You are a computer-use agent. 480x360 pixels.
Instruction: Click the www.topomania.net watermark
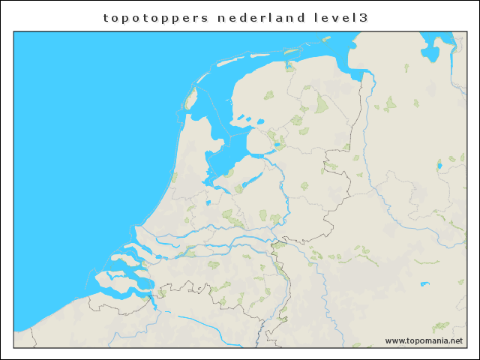click(x=424, y=340)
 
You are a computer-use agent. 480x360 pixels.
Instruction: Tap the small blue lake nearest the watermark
click(x=425, y=283)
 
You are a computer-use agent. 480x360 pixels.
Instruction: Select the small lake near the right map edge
click(x=451, y=159)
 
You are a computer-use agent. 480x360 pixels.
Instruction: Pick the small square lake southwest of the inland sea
click(x=207, y=203)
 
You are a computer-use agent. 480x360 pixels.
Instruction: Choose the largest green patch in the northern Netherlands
click(x=322, y=103)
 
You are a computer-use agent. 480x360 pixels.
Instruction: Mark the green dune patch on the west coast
click(x=174, y=178)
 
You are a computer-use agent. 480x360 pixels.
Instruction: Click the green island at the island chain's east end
click(x=289, y=65)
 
